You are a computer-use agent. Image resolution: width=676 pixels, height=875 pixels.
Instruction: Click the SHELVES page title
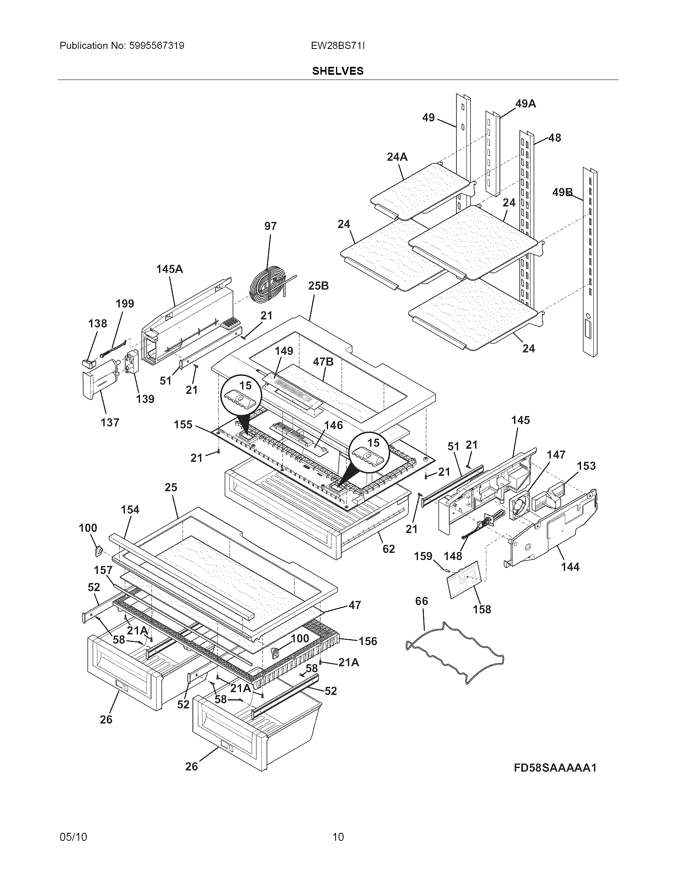tap(338, 71)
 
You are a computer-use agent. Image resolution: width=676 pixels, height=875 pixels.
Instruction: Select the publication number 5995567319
tap(156, 46)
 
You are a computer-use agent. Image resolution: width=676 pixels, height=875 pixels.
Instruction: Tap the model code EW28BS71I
tap(338, 46)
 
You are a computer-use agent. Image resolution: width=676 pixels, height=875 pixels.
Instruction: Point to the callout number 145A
tap(169, 269)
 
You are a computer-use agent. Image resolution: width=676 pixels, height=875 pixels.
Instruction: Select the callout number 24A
tap(397, 157)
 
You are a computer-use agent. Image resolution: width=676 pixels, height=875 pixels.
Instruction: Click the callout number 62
tap(389, 548)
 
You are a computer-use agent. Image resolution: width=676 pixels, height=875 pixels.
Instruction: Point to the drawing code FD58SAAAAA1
tap(555, 768)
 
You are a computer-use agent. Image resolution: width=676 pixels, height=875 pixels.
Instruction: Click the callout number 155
tap(183, 424)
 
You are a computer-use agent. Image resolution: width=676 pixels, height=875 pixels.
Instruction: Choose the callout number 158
tap(482, 609)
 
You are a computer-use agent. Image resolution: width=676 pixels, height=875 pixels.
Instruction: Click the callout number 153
tap(586, 466)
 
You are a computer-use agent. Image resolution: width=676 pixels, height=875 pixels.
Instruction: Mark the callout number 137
tap(110, 422)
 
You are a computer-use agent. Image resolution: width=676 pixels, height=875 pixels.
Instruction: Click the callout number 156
tap(368, 641)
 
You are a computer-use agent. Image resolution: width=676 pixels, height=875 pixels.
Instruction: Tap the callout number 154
tap(130, 509)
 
